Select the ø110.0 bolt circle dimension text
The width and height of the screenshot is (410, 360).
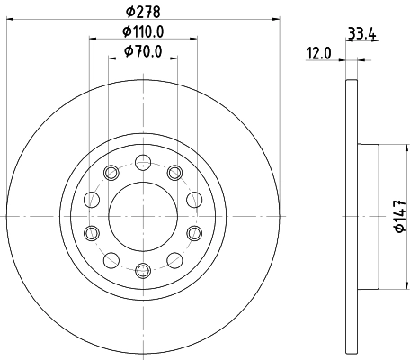tap(143, 34)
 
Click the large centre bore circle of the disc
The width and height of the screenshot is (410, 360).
tap(142, 215)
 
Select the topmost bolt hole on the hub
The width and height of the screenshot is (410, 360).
tap(142, 163)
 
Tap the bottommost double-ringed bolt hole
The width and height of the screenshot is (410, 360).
tap(142, 268)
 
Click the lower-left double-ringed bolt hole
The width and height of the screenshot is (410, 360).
tap(91, 234)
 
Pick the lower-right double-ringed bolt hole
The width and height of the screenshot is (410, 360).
tap(193, 234)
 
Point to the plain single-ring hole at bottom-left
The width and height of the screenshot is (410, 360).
tap(111, 259)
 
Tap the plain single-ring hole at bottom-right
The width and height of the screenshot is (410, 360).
tap(174, 259)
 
